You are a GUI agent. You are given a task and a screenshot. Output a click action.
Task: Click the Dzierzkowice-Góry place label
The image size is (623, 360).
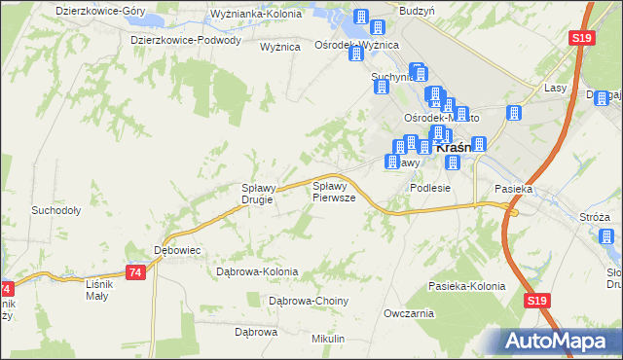tap(94, 10)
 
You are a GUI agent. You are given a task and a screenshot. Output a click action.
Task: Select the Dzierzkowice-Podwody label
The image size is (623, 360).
tap(185, 40)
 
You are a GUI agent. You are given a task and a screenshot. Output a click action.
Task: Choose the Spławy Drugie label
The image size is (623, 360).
tap(261, 194)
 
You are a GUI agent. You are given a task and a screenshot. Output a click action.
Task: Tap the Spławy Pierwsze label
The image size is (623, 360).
tap(333, 191)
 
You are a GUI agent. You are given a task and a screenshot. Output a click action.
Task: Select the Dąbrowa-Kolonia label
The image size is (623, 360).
tap(256, 272)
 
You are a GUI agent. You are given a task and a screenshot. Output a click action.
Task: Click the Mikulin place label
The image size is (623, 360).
tap(328, 338)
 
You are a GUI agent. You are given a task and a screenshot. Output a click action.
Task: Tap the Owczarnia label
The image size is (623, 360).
tap(408, 314)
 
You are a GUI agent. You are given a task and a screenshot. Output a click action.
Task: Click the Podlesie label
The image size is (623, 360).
tap(430, 188)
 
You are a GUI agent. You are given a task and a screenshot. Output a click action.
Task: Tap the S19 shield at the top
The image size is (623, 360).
tap(581, 37)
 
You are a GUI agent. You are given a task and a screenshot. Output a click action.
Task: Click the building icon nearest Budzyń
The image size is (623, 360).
tap(384, 18)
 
